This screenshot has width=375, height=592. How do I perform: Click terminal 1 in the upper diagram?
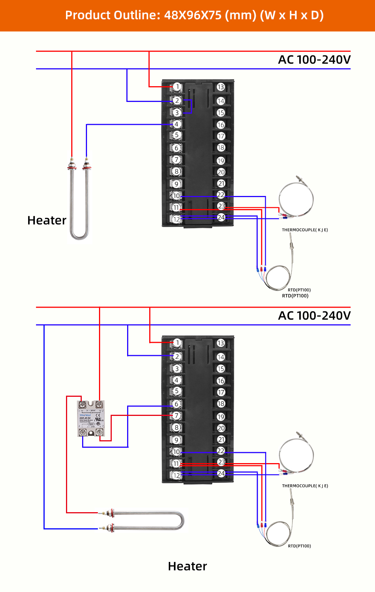tap(177, 87)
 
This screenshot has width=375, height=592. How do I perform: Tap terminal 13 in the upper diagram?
tap(220, 87)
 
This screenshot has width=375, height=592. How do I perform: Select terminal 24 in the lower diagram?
tap(221, 473)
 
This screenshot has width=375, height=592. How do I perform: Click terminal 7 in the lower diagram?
tap(177, 416)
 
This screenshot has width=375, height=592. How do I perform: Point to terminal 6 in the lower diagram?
tap(177, 404)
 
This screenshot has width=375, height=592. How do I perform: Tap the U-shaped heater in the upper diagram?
tap(79, 202)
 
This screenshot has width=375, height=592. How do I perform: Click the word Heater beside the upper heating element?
tap(47, 220)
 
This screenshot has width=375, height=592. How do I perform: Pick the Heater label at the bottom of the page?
tap(187, 566)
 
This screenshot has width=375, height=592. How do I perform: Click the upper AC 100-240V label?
tap(314, 60)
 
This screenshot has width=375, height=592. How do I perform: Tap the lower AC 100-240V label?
tap(314, 315)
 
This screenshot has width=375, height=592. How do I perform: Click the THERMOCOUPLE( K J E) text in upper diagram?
tap(305, 230)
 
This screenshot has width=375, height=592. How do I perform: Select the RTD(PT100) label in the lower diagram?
tap(299, 546)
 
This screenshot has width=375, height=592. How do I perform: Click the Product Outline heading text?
tap(194, 15)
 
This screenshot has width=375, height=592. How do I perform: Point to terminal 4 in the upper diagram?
tap(177, 124)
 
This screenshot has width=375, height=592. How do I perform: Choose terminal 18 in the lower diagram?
tap(221, 404)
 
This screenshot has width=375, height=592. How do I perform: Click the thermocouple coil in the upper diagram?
tap(296, 199)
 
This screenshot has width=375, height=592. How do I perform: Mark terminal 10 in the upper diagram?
tap(176, 196)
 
